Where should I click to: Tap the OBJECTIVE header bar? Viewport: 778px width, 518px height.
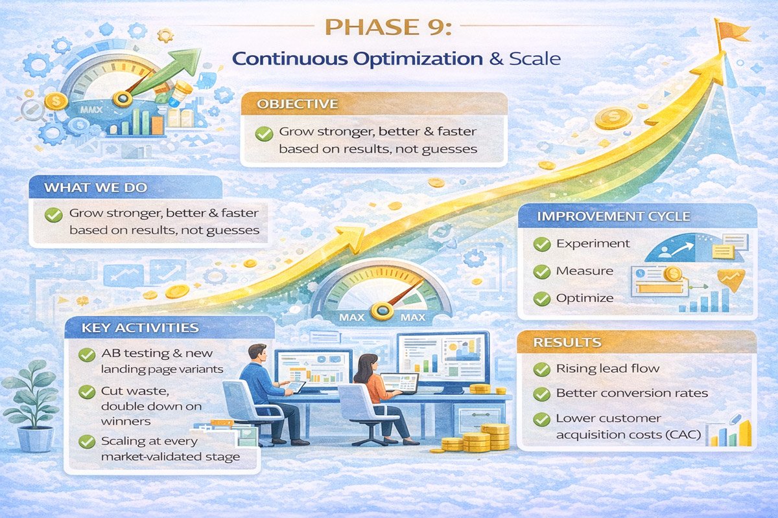[x=373, y=104]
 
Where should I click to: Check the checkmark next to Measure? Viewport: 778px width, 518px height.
[x=541, y=271]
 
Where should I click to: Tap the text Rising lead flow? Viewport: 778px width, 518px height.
[x=607, y=369]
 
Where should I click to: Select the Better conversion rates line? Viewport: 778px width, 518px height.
[x=631, y=394]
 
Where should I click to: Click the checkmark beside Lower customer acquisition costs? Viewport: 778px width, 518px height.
[x=541, y=420]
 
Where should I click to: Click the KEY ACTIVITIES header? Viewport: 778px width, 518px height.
[x=140, y=328]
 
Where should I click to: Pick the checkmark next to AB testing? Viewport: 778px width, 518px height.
[x=86, y=355]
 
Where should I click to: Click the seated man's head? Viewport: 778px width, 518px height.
[x=257, y=354]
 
